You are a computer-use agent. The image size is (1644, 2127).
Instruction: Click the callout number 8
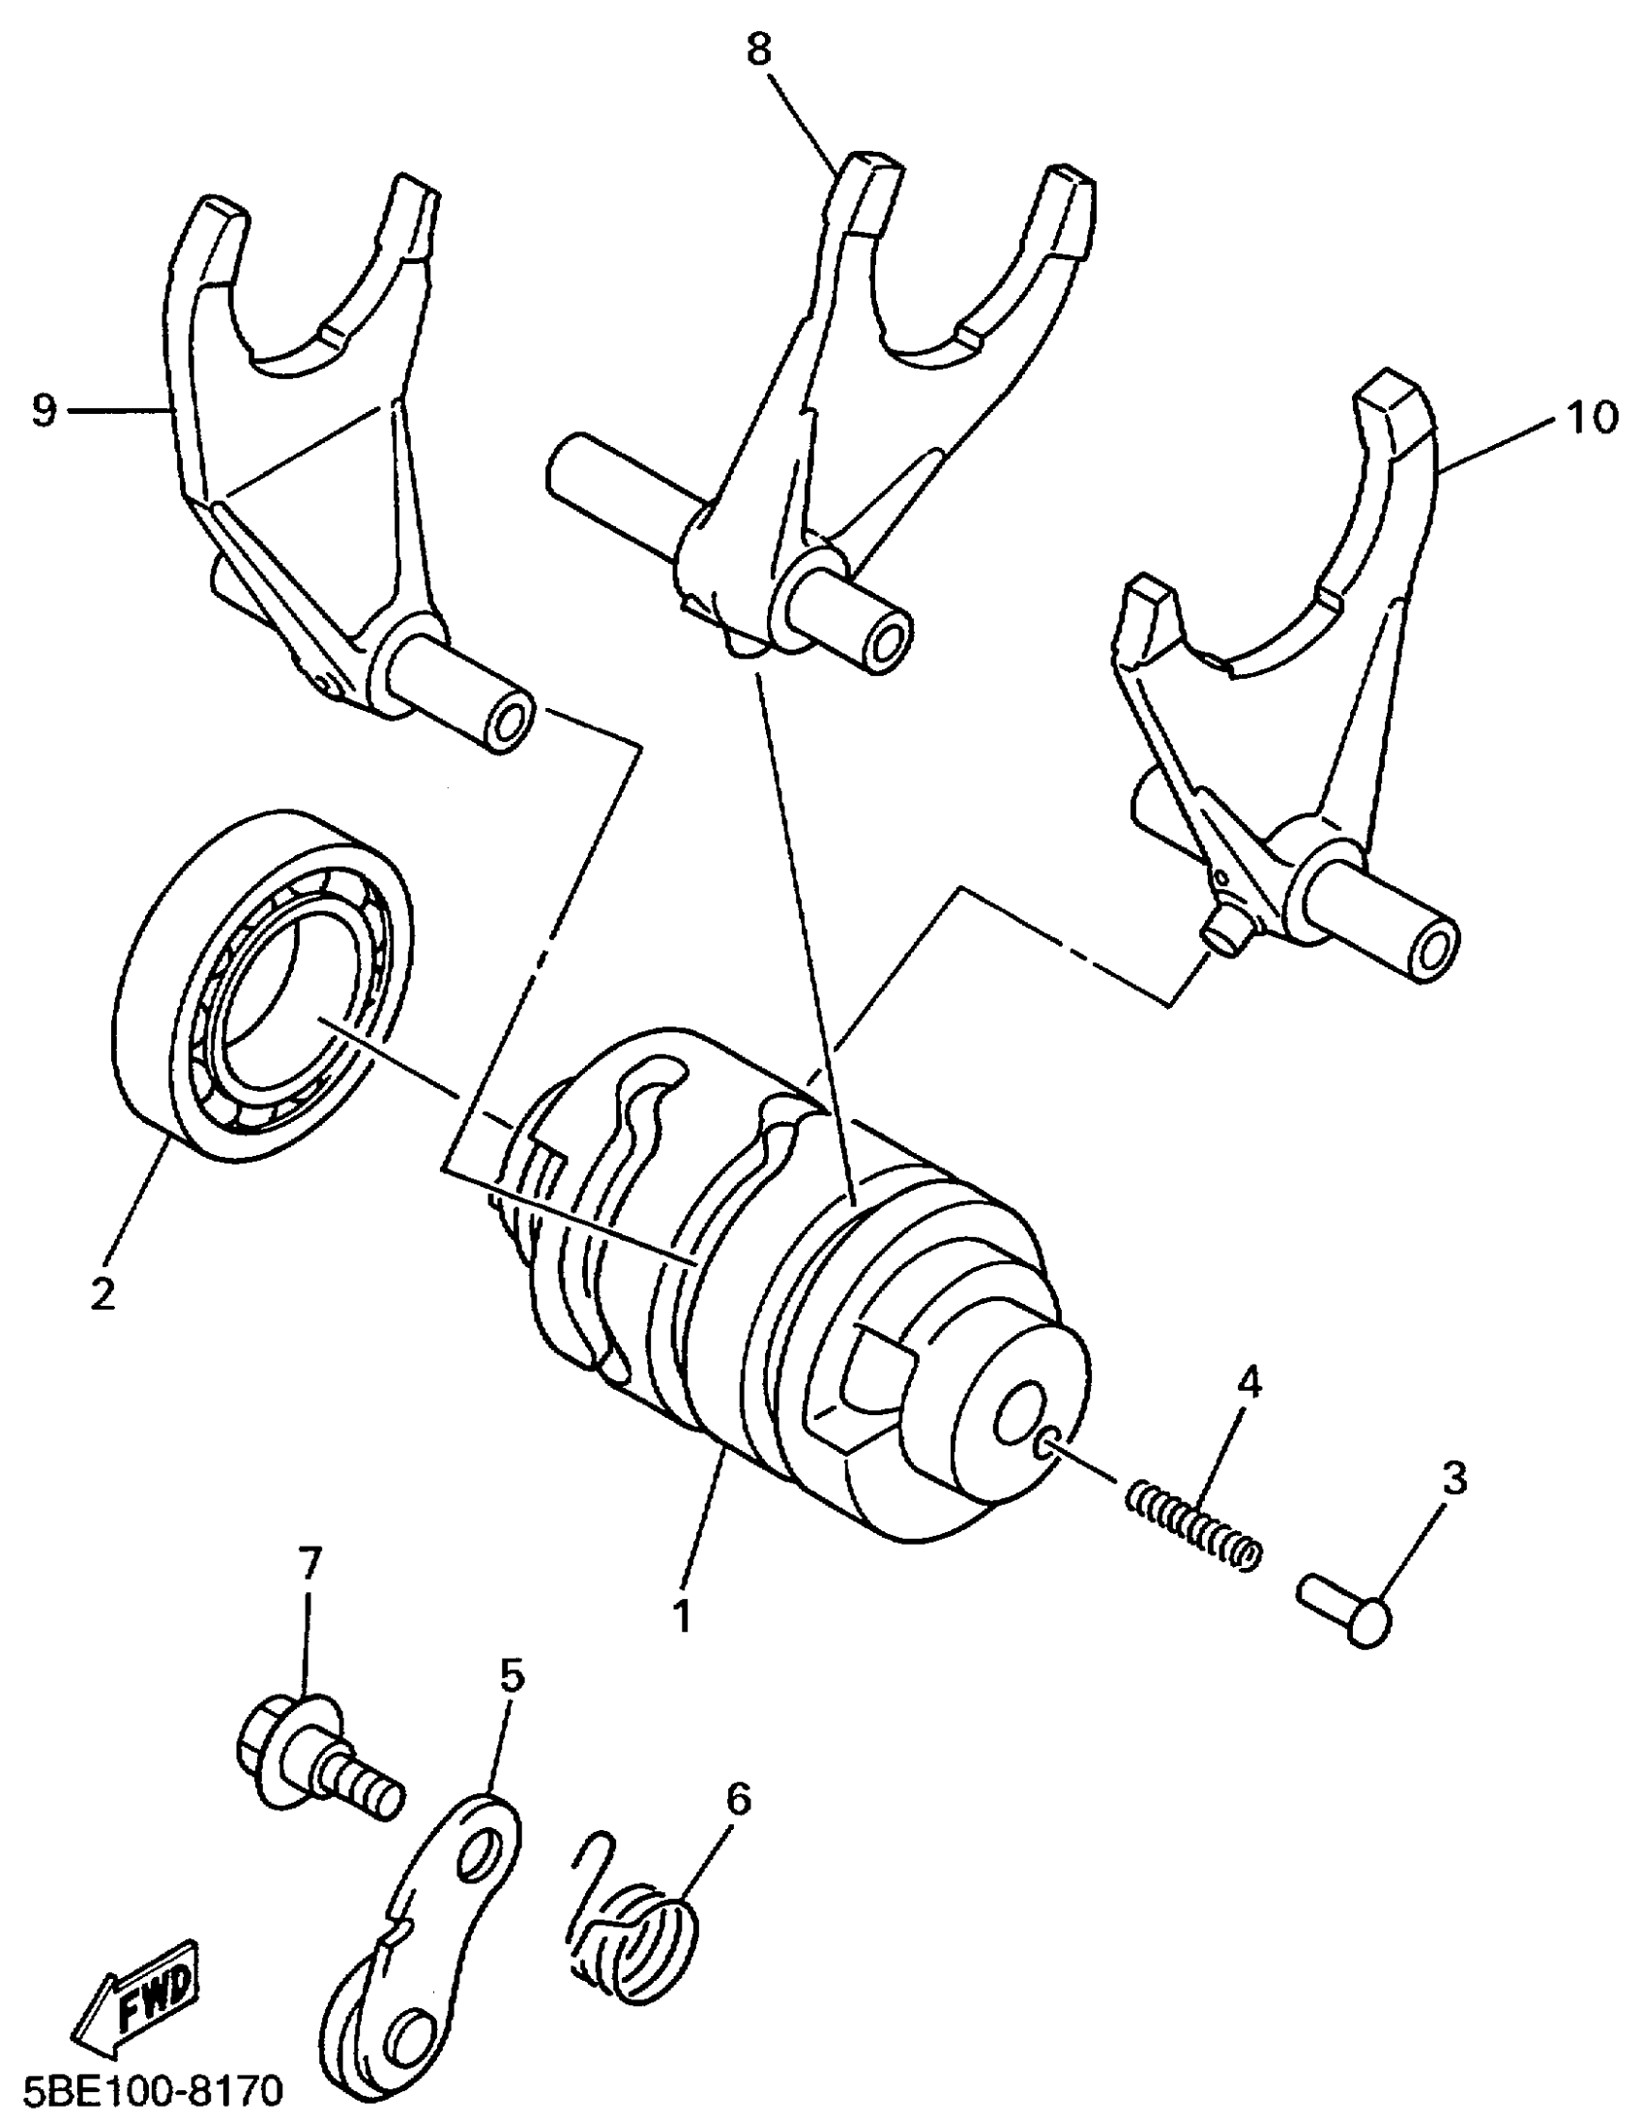pyautogui.click(x=759, y=49)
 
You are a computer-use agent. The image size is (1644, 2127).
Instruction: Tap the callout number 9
pyautogui.click(x=44, y=411)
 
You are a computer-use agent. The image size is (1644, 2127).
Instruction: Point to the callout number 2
pyautogui.click(x=102, y=1292)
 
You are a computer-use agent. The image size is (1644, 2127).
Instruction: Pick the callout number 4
pyautogui.click(x=1248, y=1381)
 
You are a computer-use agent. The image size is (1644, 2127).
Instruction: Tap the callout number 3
pyautogui.click(x=1453, y=1479)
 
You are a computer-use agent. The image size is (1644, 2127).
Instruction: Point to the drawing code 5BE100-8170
pyautogui.click(x=144, y=2087)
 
